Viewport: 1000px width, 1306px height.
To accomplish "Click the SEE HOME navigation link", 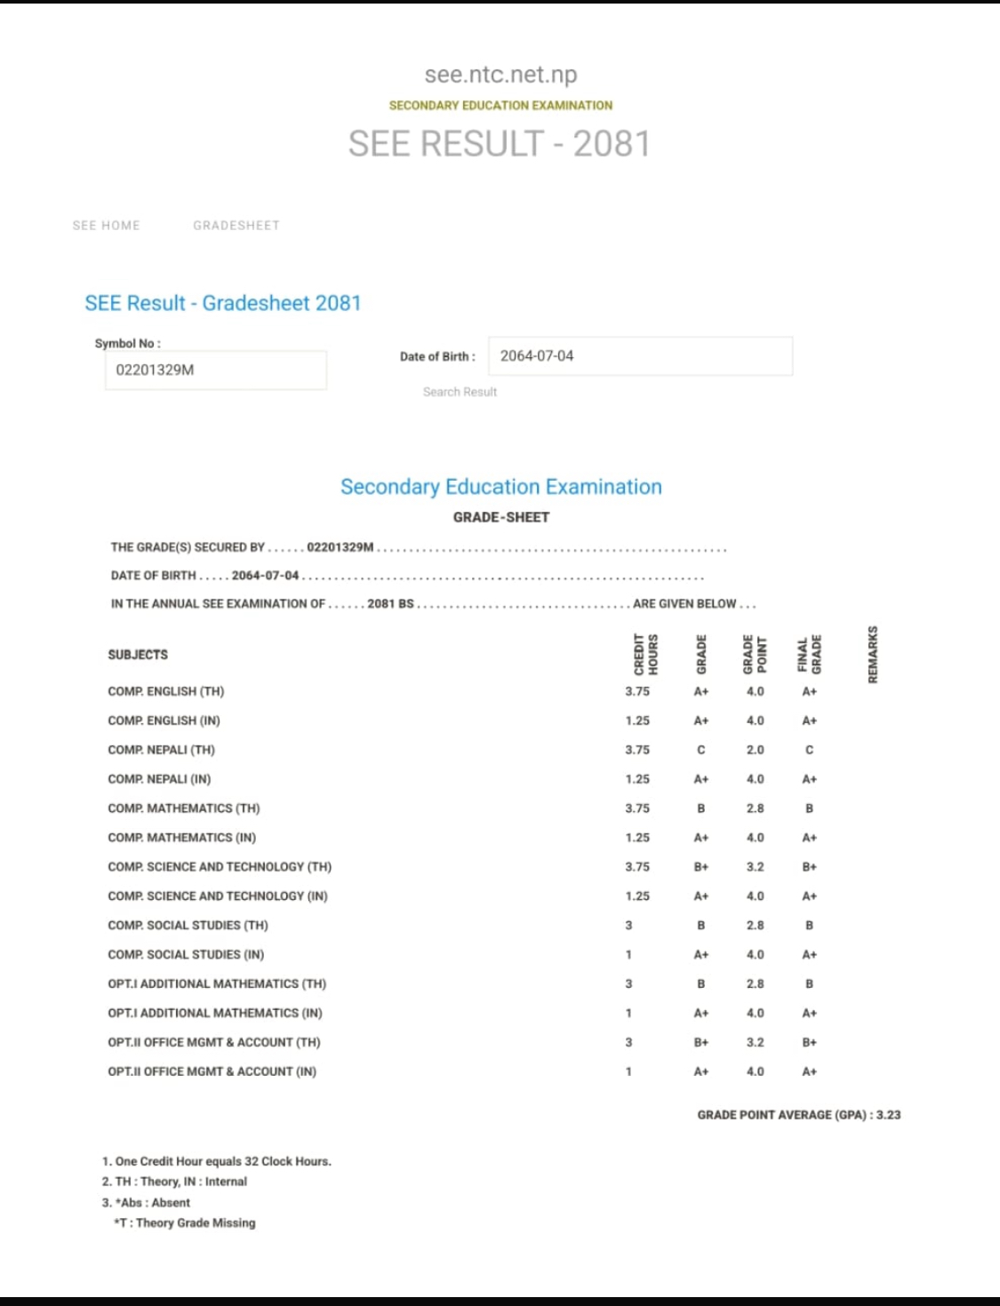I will [107, 226].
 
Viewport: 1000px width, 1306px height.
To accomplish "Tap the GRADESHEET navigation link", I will [236, 226].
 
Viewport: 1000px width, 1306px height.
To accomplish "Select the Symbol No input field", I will [215, 370].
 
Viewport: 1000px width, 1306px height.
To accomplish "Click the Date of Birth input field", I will [640, 356].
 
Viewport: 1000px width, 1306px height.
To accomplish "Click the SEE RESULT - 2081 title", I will [500, 144].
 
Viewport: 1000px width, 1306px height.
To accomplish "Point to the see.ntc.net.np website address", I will [500, 75].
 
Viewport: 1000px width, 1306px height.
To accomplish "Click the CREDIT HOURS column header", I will [646, 655].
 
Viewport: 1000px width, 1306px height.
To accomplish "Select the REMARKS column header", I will [873, 655].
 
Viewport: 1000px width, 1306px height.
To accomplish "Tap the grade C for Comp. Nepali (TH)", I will [701, 750].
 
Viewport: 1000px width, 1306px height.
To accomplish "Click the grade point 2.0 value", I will [755, 750].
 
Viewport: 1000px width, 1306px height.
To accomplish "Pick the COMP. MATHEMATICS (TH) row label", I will [184, 808].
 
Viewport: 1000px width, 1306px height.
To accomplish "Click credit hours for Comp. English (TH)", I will [637, 691].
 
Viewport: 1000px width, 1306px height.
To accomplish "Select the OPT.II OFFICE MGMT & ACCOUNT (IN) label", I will [212, 1071].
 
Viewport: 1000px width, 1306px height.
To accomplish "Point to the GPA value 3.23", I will [888, 1115].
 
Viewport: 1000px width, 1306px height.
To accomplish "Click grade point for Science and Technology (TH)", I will [755, 867].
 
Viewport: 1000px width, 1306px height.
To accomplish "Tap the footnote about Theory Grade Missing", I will [185, 1223].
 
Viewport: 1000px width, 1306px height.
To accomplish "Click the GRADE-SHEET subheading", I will [501, 517].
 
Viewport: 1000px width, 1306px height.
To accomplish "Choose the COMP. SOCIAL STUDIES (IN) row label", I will [186, 954].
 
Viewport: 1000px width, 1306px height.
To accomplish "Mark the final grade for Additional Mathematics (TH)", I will [809, 983].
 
